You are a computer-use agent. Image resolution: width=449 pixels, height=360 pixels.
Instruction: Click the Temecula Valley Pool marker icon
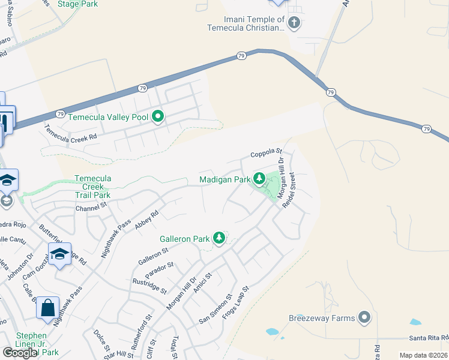158,116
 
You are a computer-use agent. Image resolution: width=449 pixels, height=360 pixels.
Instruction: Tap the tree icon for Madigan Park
259,179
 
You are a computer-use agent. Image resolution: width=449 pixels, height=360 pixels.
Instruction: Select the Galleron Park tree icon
219,239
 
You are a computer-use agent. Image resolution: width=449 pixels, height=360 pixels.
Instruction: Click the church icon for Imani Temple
294,23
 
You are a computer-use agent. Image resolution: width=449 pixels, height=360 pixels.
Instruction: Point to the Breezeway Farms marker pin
363,317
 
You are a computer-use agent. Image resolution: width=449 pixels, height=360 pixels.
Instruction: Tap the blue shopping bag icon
47,308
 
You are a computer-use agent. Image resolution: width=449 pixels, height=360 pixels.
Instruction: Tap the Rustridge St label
148,284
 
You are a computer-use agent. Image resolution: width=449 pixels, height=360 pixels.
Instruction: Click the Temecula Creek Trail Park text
92,187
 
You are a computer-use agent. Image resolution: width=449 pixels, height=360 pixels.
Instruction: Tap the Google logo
20,352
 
